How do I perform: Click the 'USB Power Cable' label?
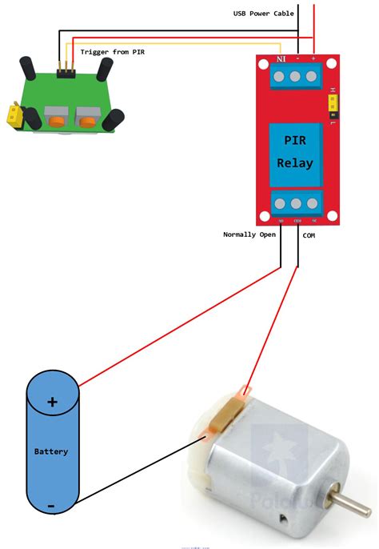[x=263, y=13]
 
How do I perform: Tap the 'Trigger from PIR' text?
[x=117, y=51]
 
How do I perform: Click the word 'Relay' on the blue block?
[x=294, y=162]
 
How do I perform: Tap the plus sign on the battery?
[x=52, y=402]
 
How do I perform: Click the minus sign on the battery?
[x=50, y=506]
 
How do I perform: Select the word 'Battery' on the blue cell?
[x=51, y=451]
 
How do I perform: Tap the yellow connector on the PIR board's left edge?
[x=11, y=115]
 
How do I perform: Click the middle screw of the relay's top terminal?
[x=294, y=77]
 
